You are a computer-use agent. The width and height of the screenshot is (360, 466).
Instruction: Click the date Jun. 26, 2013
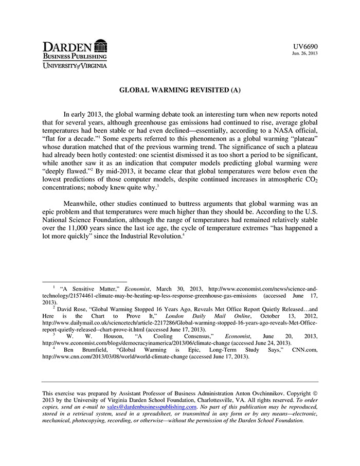[x=304, y=53]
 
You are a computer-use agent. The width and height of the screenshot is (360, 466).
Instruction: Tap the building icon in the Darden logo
[x=101, y=45]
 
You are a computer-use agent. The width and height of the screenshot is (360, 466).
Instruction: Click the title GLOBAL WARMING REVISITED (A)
[x=180, y=90]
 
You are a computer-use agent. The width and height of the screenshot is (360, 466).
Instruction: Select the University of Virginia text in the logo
[x=75, y=66]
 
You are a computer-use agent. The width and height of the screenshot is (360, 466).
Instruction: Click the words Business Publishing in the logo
[x=75, y=56]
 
